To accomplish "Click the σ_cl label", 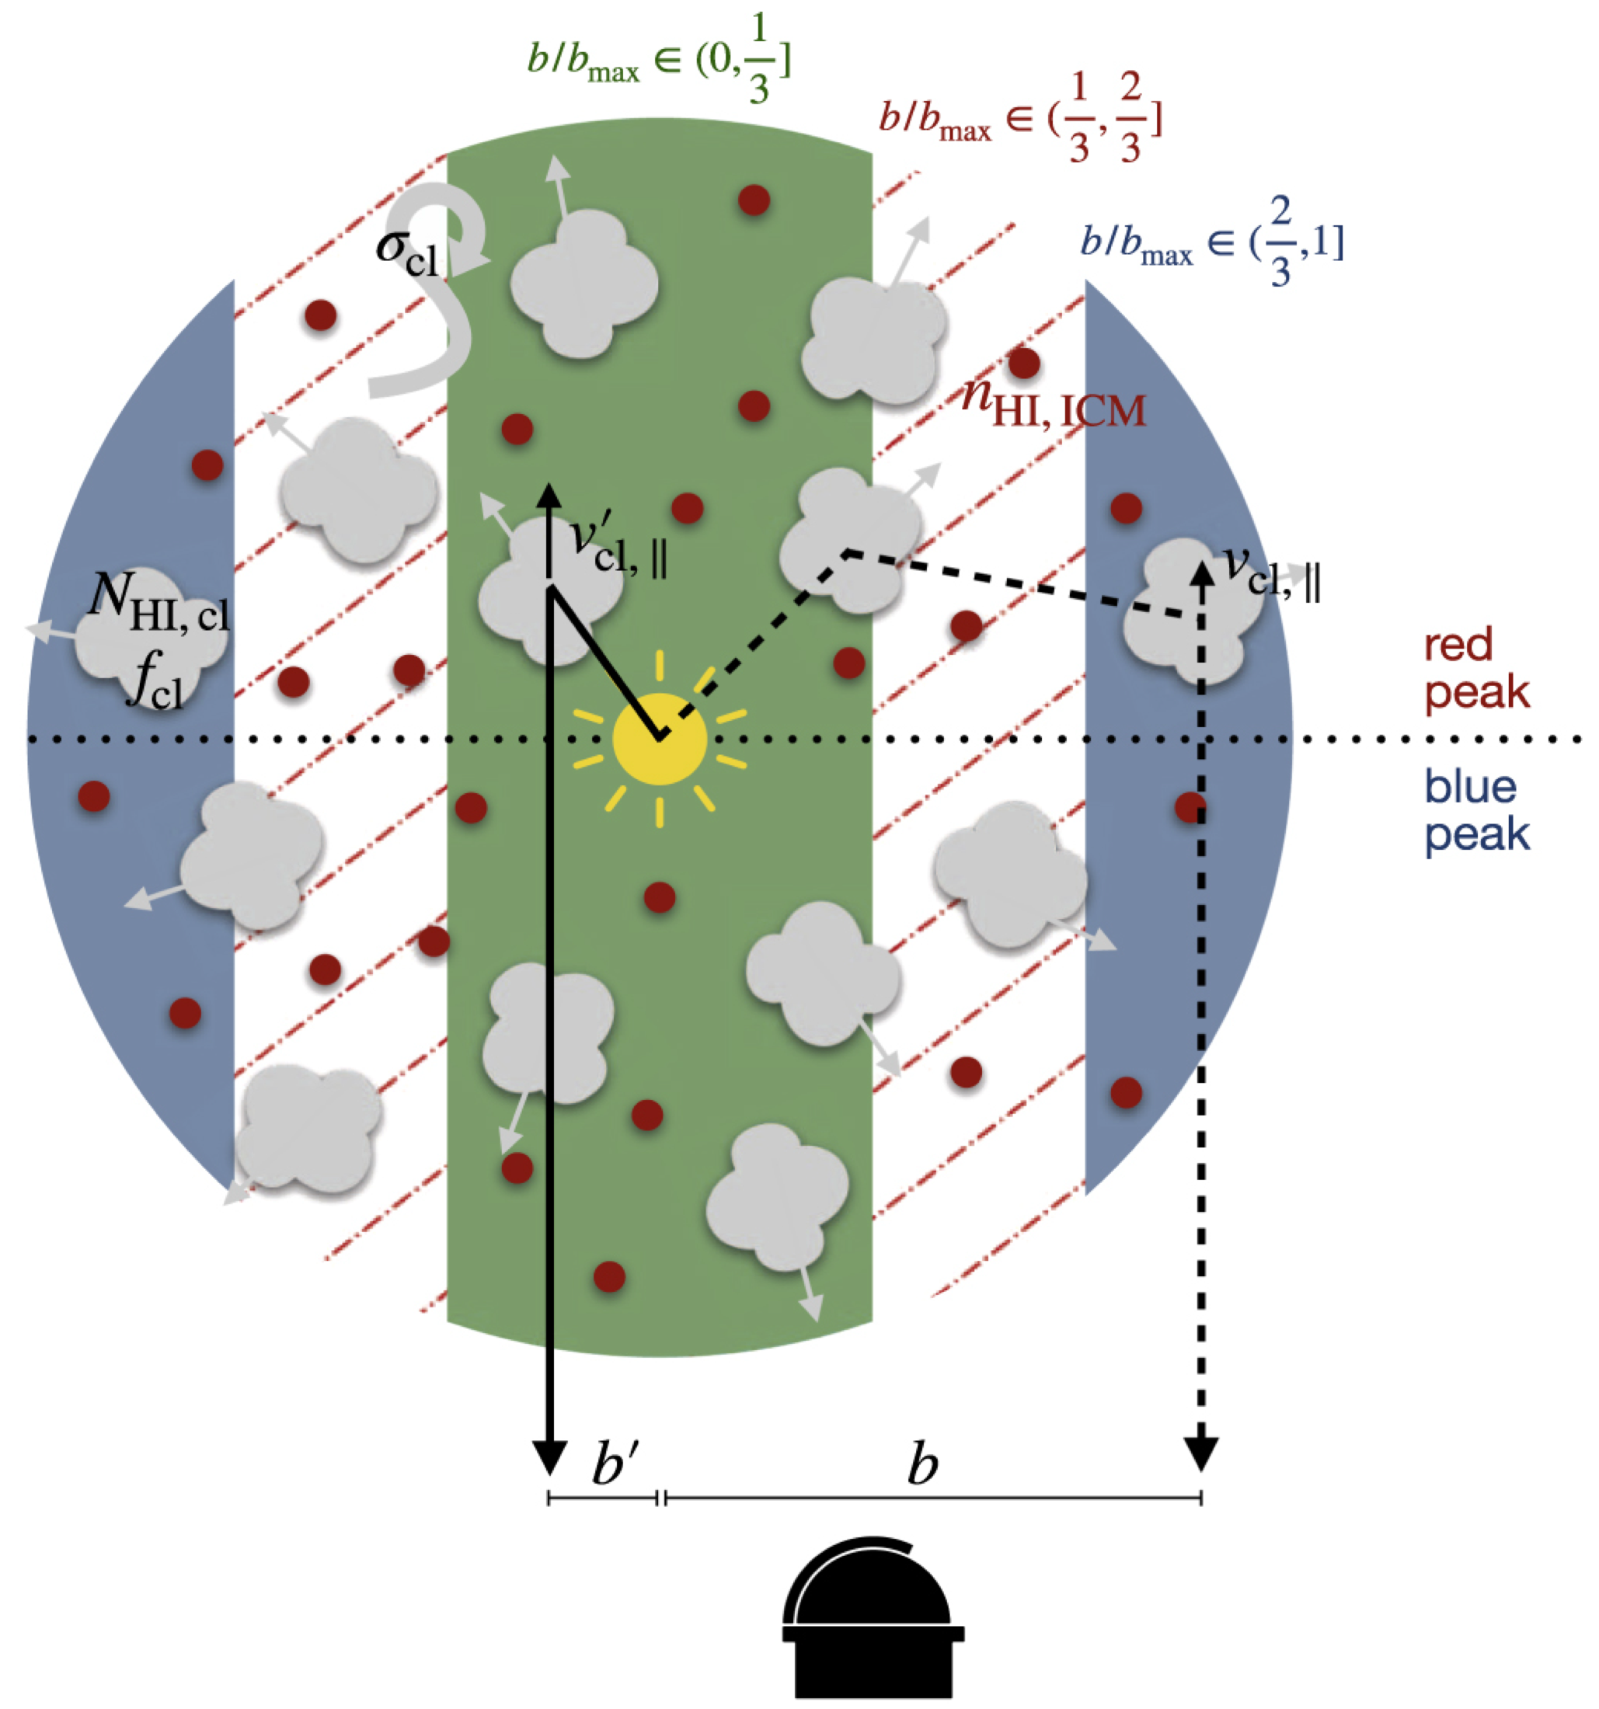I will pyautogui.click(x=406, y=250).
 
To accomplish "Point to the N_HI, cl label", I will pyautogui.click(x=160, y=602).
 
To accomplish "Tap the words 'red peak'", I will pyautogui.click(x=1476, y=668).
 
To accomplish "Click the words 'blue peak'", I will pyautogui.click(x=1476, y=809).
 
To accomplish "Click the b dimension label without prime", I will pyautogui.click(x=921, y=1466).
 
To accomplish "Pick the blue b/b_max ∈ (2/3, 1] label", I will pyautogui.click(x=1211, y=247).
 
